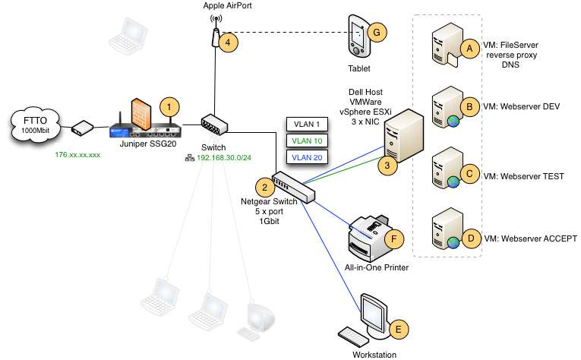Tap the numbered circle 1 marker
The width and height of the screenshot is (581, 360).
[x=172, y=105]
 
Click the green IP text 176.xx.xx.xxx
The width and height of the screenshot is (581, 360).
[x=78, y=154]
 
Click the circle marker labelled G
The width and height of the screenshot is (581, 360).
[x=375, y=32]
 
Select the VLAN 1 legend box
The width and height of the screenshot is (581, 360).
[x=306, y=124]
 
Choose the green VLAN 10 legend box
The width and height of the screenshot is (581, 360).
[x=306, y=141]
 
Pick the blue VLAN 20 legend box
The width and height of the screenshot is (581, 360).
[x=306, y=157]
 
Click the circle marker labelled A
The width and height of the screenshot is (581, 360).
[x=470, y=48]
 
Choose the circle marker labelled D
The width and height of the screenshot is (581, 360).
[x=470, y=238]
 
